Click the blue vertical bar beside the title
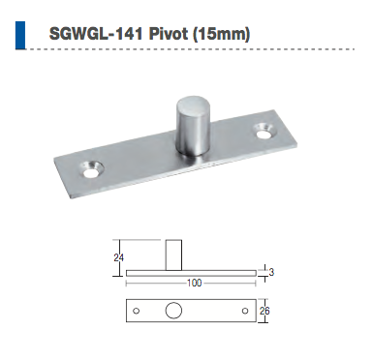tap(20, 35)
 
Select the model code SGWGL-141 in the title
tap(96, 33)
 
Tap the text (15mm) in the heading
tap(221, 34)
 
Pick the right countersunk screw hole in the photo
tap(265, 131)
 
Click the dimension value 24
tap(118, 257)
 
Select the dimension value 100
tap(194, 283)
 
